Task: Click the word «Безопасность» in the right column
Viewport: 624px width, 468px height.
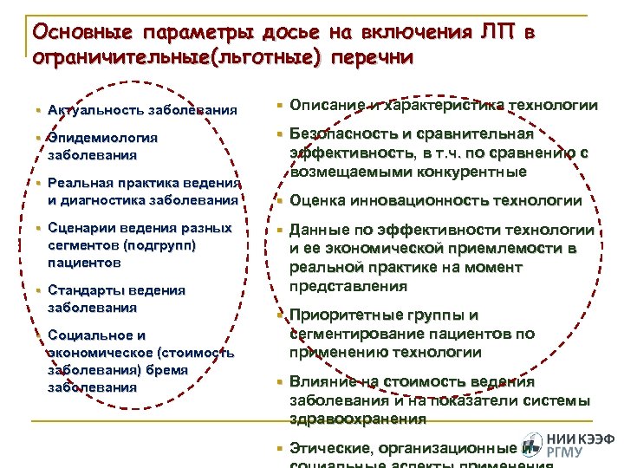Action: (x=339, y=134)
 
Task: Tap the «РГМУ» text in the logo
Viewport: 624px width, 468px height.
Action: (x=568, y=452)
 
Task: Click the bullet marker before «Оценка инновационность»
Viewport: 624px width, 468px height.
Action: (x=279, y=201)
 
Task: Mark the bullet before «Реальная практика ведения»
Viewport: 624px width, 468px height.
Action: (x=39, y=183)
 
